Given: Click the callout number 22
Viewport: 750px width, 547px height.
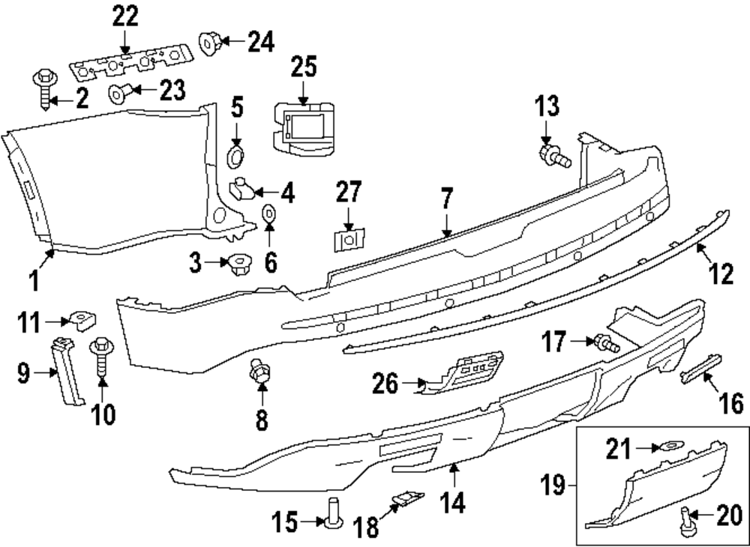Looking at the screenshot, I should pos(125,15).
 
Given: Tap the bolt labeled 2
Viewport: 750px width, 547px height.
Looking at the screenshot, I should pos(43,88).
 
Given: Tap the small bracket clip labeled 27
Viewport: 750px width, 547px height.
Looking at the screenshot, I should pos(346,241).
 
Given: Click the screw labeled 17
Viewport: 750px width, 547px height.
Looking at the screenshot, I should pos(606,343).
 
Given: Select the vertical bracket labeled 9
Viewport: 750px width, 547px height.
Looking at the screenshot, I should pos(66,371).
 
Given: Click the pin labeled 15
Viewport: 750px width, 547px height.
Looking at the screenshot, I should pos(331,513).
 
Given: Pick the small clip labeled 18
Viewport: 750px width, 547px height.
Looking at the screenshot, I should pos(405,498).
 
